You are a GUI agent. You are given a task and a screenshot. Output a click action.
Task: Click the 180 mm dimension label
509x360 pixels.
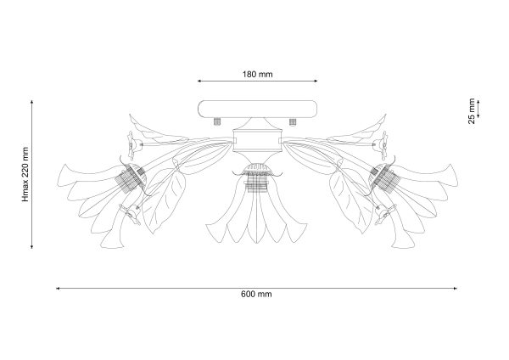coord(257,75)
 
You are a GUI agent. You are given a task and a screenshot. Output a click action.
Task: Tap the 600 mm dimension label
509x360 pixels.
coord(256,295)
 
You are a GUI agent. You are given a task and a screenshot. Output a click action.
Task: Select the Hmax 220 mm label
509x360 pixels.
coord(25,174)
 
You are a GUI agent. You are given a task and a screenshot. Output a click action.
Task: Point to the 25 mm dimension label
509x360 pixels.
coord(472,111)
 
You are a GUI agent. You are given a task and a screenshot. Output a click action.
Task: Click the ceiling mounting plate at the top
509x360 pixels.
coord(258,110)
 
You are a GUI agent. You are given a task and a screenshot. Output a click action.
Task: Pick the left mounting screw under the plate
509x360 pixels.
coord(217,121)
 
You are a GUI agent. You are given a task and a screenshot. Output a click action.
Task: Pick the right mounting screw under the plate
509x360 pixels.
coord(293,121)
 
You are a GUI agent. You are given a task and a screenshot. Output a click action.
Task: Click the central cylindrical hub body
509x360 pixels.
coord(257,140)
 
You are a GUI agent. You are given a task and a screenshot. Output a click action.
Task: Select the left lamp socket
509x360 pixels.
coord(131,178)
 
